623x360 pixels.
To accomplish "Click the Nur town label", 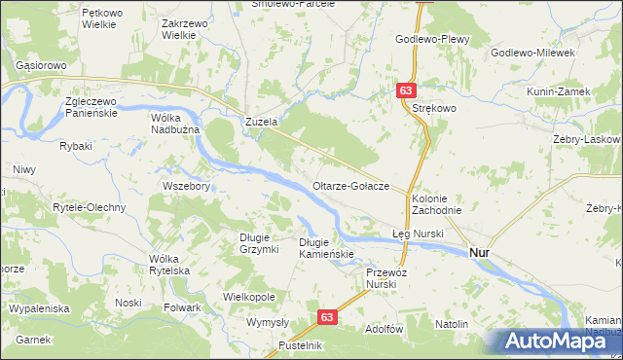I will (x=480, y=252).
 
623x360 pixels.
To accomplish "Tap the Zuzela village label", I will (x=262, y=124).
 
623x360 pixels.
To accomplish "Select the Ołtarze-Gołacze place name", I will (x=351, y=186).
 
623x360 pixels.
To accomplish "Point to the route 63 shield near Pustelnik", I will (x=329, y=317).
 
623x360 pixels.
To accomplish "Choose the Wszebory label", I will (x=185, y=186).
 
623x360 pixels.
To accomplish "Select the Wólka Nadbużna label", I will (x=174, y=124).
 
